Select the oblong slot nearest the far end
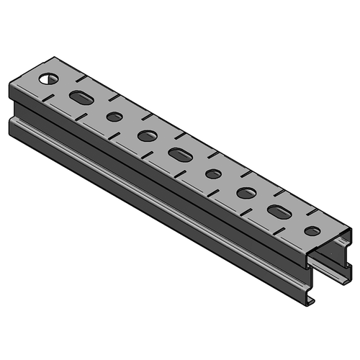click(x=82, y=97)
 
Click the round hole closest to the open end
click(x=312, y=231)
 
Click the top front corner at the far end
click(x=11, y=86)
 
